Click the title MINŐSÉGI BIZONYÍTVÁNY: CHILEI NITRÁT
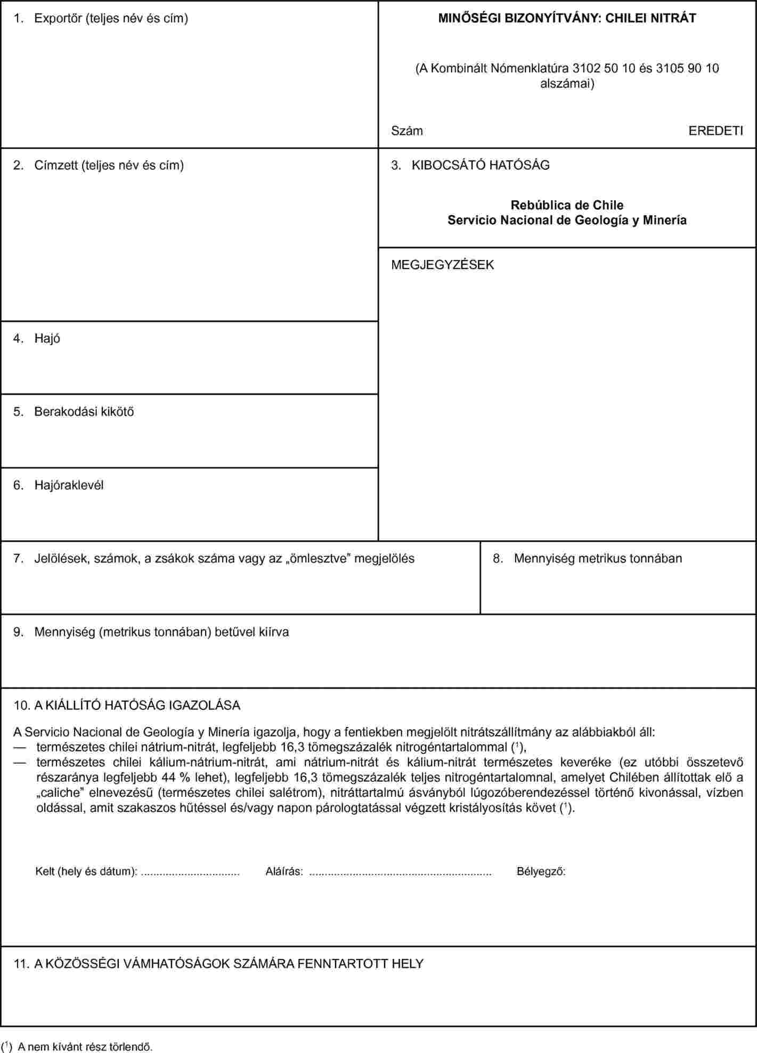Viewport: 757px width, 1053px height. (567, 18)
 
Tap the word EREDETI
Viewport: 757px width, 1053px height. (715, 131)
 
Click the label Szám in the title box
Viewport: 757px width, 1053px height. (407, 131)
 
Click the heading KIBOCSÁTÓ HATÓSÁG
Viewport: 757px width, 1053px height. (480, 165)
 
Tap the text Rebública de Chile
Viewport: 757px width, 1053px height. (567, 205)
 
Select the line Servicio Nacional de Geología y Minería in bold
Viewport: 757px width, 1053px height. (567, 220)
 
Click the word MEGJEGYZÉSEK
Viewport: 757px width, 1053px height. (443, 265)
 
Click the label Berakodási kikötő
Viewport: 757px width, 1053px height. (84, 412)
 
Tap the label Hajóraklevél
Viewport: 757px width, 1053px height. (69, 485)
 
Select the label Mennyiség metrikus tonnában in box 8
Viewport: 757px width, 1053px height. (598, 559)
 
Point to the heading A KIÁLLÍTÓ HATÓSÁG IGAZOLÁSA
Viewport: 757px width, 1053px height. (137, 706)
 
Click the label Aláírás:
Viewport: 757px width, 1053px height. (284, 872)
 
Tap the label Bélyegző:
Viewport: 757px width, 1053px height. (541, 872)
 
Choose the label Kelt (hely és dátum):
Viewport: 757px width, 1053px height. (86, 872)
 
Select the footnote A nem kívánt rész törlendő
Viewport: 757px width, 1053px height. (85, 1047)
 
